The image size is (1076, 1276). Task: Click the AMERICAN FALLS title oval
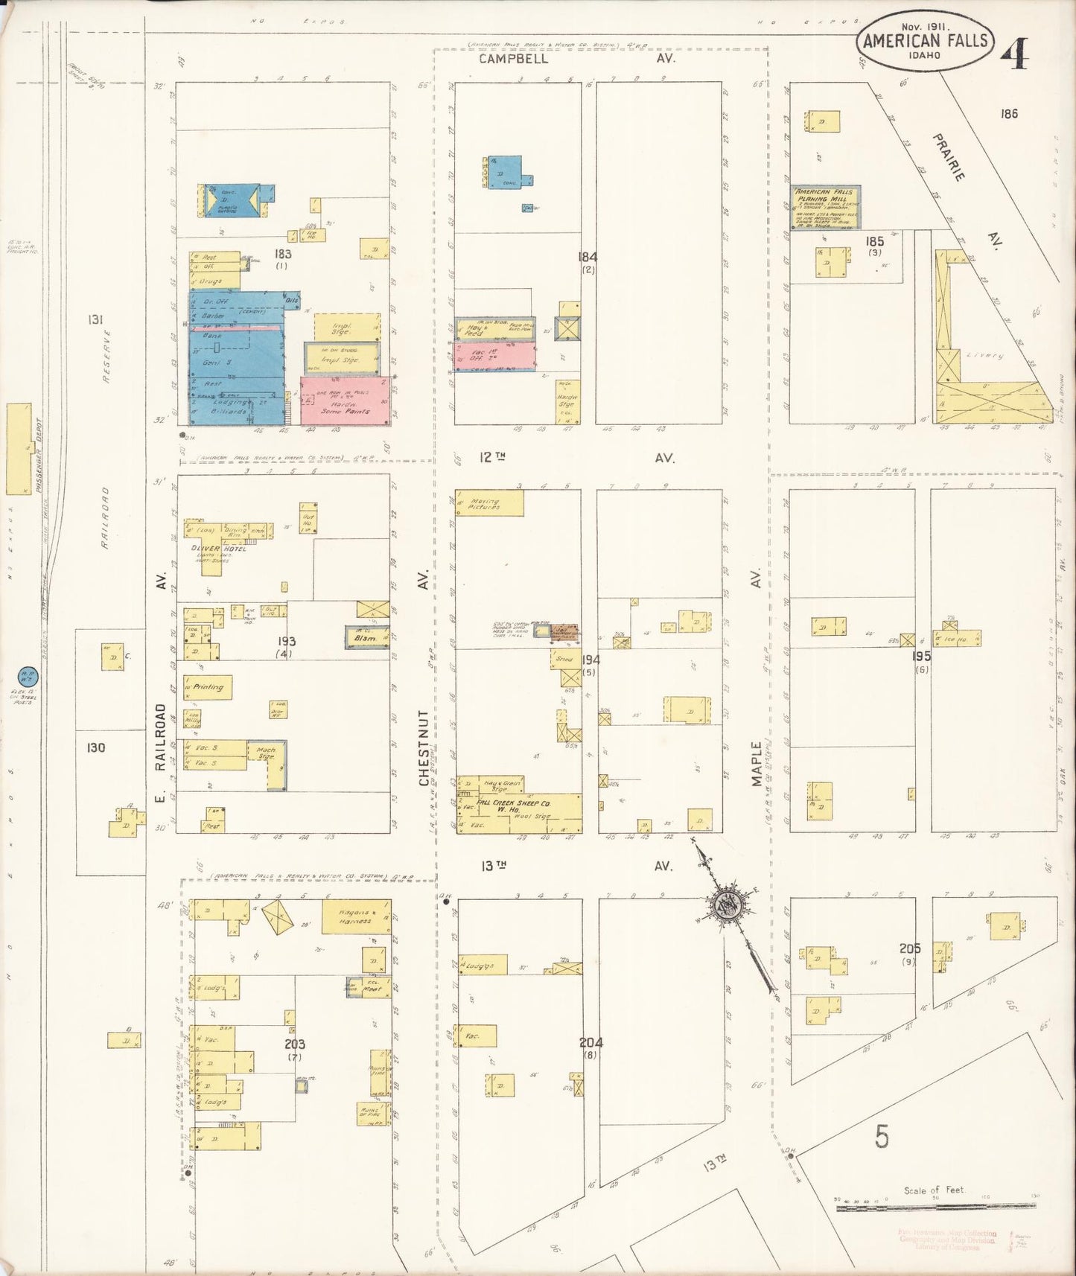pyautogui.click(x=926, y=41)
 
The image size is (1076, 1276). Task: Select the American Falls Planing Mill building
pyautogui.click(x=825, y=208)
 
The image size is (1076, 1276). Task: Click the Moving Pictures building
pyautogui.click(x=489, y=503)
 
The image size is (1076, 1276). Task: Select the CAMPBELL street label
pyautogui.click(x=513, y=58)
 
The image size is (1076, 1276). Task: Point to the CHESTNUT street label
pyautogui.click(x=424, y=747)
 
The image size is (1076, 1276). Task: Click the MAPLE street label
pyautogui.click(x=757, y=763)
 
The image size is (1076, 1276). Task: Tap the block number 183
pyautogui.click(x=282, y=254)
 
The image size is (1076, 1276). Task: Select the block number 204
pyautogui.click(x=590, y=1042)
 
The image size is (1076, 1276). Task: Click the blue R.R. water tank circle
pyautogui.click(x=26, y=677)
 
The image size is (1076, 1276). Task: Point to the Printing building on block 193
pyautogui.click(x=208, y=688)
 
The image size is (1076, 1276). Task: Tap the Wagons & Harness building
pyautogui.click(x=355, y=917)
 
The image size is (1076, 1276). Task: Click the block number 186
pyautogui.click(x=1009, y=114)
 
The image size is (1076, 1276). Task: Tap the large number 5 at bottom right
pyautogui.click(x=882, y=1136)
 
